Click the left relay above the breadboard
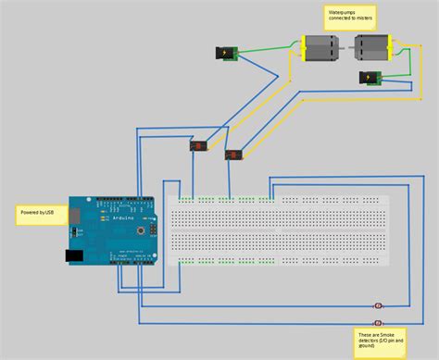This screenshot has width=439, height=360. click(198, 145)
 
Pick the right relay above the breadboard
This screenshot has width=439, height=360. click(233, 155)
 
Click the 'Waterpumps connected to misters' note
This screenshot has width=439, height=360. click(350, 15)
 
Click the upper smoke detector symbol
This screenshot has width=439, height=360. click(378, 306)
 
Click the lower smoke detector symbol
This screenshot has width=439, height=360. click(377, 321)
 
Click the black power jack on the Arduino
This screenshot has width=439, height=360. click(73, 255)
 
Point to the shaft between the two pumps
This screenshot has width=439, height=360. click(346, 45)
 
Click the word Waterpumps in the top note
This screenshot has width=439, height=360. click(339, 11)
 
